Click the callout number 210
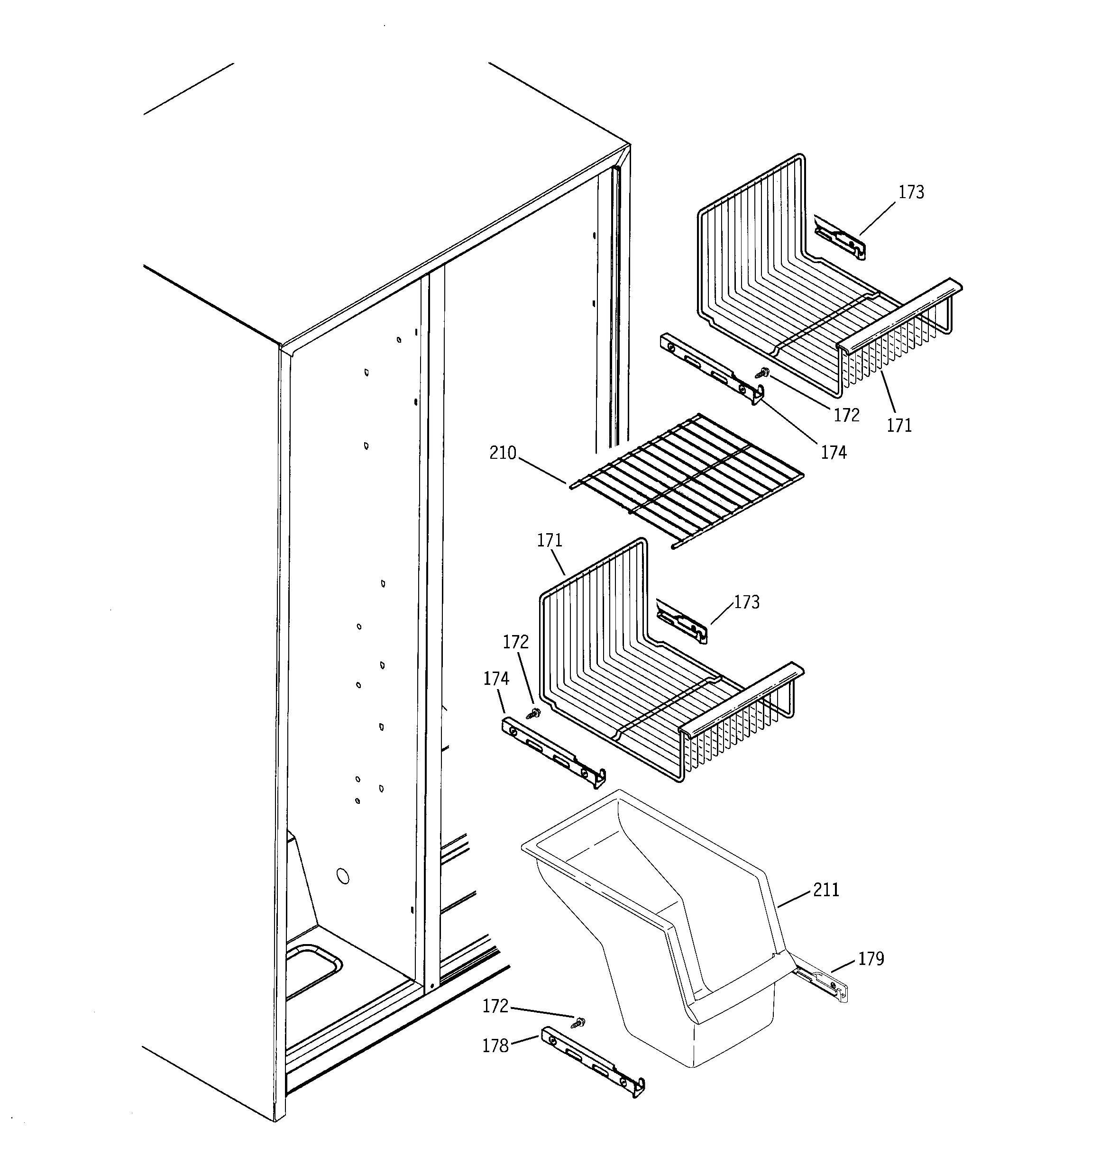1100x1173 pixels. (503, 454)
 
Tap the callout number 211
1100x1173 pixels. (826, 890)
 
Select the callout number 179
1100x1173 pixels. (871, 959)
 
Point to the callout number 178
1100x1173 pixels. (495, 1046)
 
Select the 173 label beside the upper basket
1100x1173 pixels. (911, 192)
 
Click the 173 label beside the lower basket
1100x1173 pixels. (746, 602)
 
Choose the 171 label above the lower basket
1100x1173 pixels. (549, 540)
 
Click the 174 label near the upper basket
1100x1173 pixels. (833, 453)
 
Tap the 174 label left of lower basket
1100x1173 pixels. (496, 679)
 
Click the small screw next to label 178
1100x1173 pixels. (580, 1021)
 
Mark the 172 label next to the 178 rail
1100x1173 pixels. (495, 1006)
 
